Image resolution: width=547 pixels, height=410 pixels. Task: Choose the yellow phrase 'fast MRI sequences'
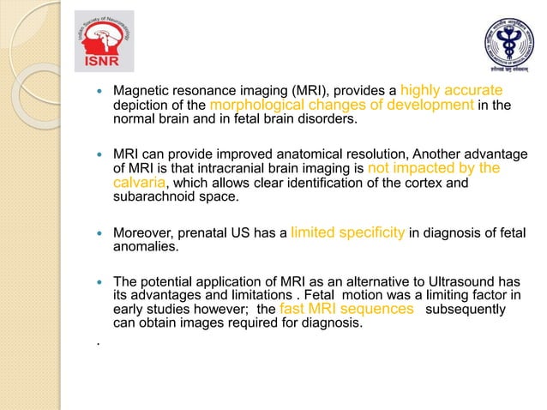(x=347, y=308)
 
